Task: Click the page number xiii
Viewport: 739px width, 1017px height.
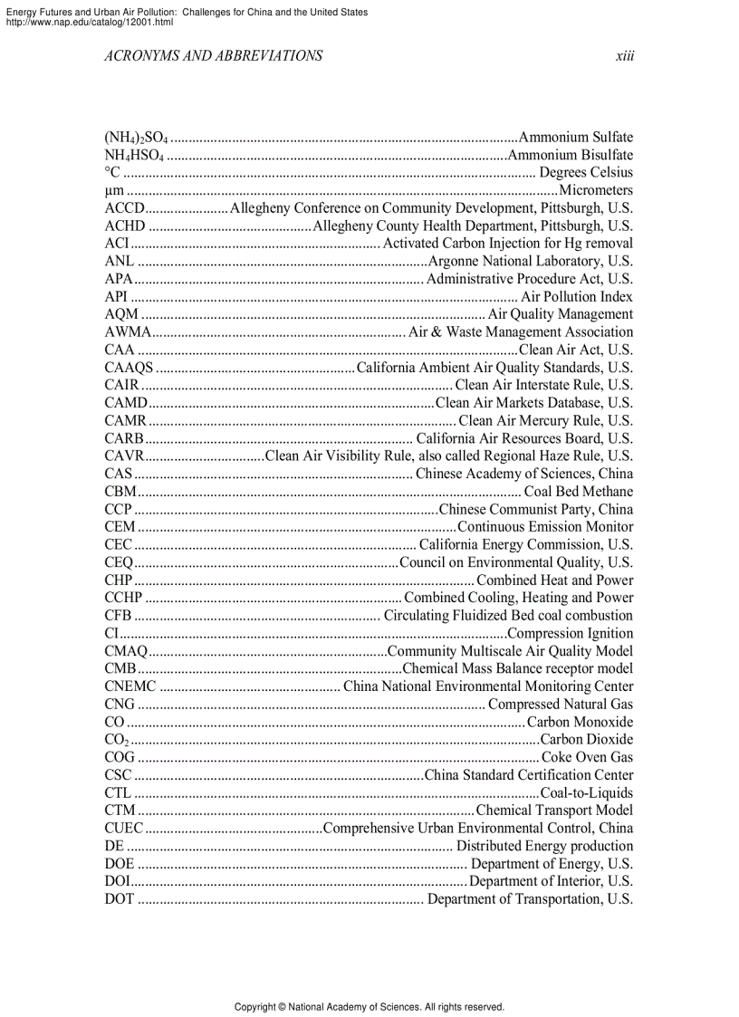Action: tap(624, 56)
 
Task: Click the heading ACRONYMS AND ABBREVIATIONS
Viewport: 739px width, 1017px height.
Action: tap(213, 56)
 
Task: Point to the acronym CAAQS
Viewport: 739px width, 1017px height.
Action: tap(129, 368)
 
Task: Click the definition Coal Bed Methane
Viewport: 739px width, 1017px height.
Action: tap(579, 492)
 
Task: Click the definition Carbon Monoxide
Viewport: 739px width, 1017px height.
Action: tap(580, 722)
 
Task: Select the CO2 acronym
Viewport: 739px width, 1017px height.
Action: tap(117, 740)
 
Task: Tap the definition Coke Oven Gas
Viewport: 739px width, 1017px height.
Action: tap(587, 757)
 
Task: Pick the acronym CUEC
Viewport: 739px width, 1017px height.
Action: tap(124, 828)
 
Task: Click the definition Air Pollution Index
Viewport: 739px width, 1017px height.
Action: tap(577, 297)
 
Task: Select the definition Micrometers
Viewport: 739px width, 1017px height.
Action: tap(596, 191)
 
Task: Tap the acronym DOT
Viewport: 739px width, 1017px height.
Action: tap(120, 899)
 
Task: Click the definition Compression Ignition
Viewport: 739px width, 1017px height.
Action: tap(571, 634)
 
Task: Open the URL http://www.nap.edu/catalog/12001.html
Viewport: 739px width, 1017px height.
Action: tap(89, 22)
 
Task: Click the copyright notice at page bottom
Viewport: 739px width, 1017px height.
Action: tap(369, 1006)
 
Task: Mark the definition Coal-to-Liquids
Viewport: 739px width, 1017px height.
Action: tap(586, 792)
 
